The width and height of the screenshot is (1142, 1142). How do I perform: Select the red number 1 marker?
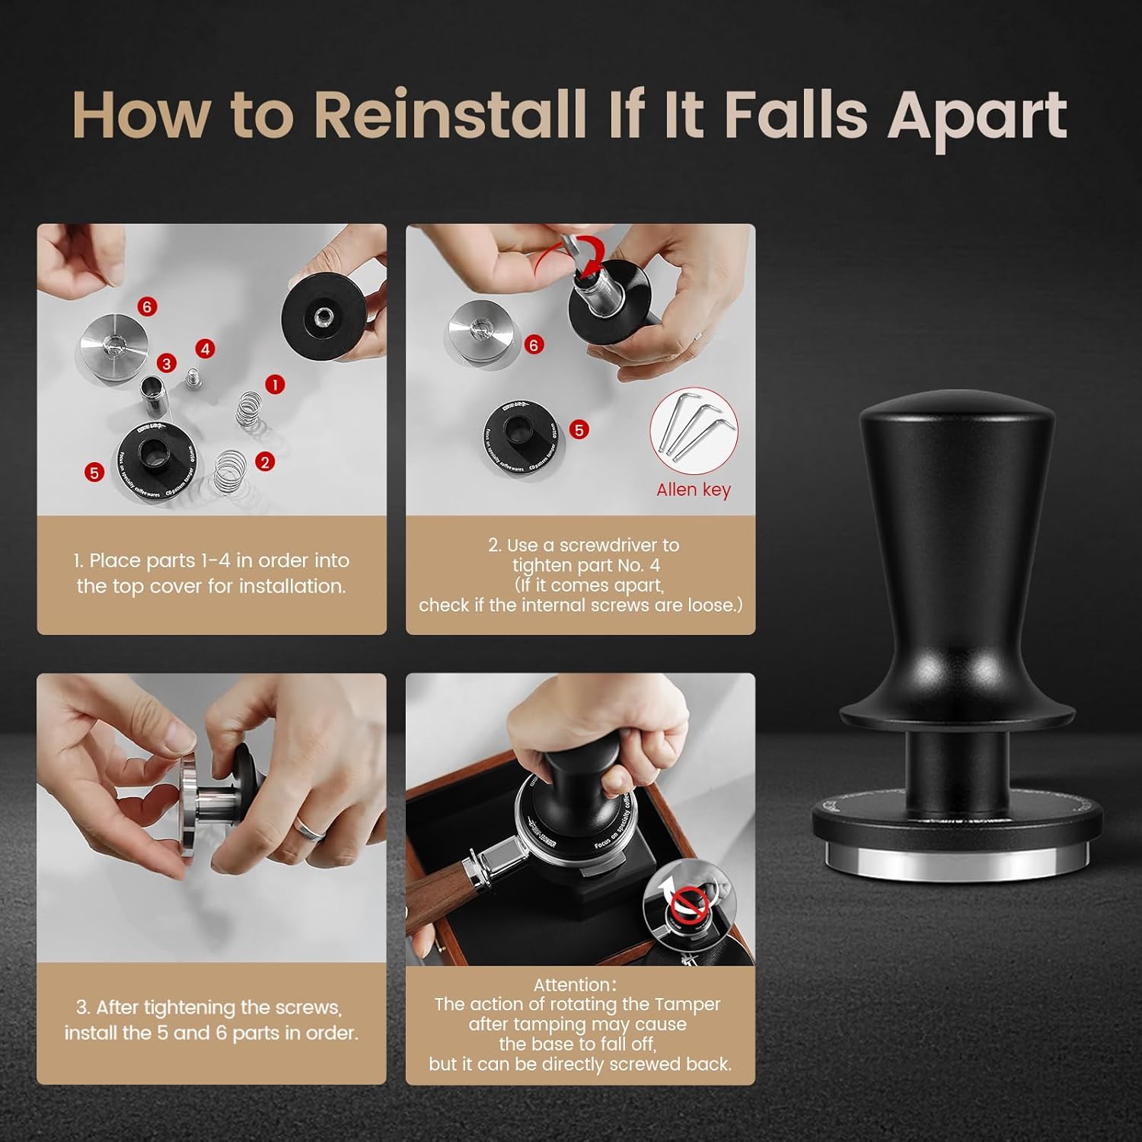coord(275,384)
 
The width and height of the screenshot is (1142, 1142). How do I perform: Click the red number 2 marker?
coord(265,461)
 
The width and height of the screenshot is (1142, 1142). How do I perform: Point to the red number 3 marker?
coord(166,363)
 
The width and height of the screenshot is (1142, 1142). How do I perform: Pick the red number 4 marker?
coord(205,349)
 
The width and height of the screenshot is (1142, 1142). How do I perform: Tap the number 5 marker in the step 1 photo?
coord(94,472)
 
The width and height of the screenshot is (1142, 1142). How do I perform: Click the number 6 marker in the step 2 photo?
coord(533,345)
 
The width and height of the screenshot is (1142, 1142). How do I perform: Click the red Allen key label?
coord(693,490)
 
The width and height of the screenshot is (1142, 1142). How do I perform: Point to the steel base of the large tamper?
coord(957,859)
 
